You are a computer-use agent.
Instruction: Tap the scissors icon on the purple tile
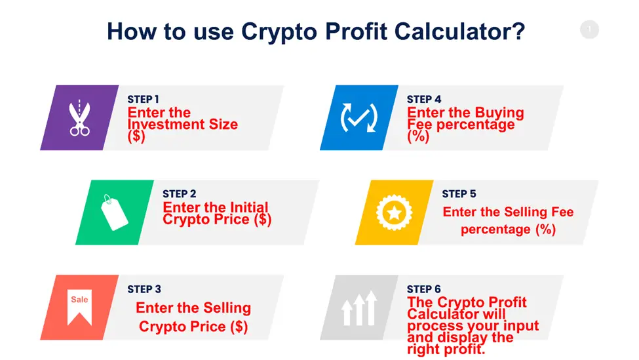pos(79,118)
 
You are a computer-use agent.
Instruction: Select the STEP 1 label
pos(143,99)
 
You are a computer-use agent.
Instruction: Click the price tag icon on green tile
pos(114,212)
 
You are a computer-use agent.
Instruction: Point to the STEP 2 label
pos(180,193)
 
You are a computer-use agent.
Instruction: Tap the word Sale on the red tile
pos(79,300)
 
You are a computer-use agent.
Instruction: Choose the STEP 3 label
pos(144,289)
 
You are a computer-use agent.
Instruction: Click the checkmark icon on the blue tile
pos(359,118)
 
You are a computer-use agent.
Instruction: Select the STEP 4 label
pos(424,99)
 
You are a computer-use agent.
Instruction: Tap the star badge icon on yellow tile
pos(394,212)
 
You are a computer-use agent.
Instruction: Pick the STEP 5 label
pos(459,193)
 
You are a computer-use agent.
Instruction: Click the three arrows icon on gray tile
pos(359,308)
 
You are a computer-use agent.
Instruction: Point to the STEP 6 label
pos(424,289)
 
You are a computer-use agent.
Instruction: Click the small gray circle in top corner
pos(589,30)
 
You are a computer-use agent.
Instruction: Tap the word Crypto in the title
pos(279,31)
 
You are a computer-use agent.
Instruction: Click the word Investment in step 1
pos(166,125)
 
